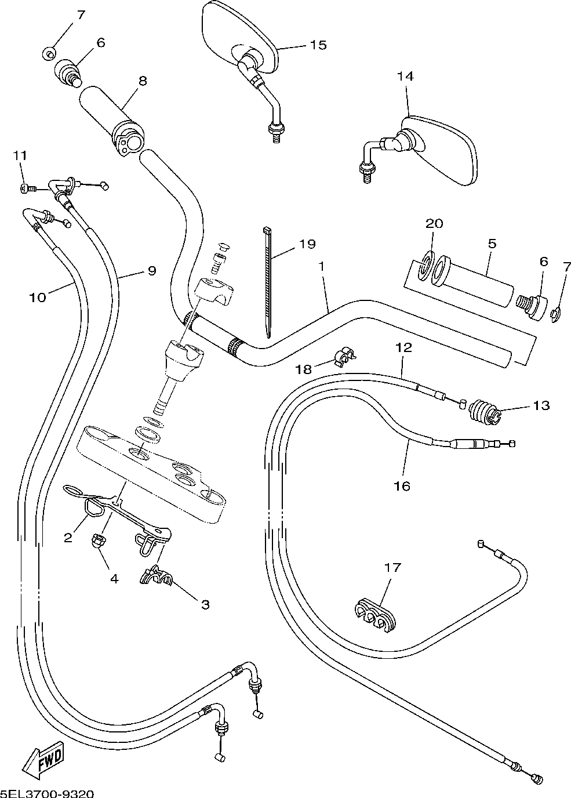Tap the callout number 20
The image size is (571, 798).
click(434, 223)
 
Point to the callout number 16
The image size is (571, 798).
click(402, 485)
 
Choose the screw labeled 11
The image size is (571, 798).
click(28, 187)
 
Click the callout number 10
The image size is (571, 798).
click(38, 297)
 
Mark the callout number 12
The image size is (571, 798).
click(403, 347)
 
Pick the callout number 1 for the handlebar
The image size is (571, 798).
click(322, 266)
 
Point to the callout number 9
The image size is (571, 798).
click(152, 271)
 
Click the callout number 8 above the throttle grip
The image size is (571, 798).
click(143, 81)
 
